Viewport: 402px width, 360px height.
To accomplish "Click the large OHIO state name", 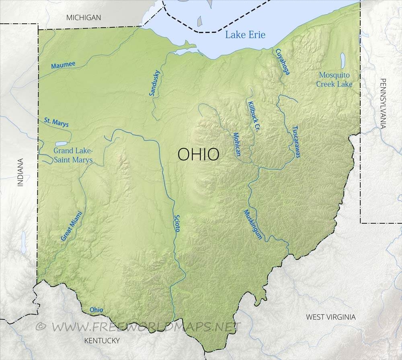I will coord(199,154).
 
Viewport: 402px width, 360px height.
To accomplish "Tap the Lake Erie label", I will coord(245,35).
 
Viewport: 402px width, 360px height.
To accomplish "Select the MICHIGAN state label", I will coord(84,17).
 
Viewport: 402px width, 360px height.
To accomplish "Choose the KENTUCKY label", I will coord(102,341).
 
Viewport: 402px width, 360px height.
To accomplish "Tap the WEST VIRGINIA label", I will coord(330,317).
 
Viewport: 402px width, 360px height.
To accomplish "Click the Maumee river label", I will coord(63,65).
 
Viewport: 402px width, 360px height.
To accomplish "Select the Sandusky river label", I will coord(154,83).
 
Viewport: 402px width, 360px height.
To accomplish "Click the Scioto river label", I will coord(177,222).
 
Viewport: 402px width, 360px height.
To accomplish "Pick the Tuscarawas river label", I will coord(296,142).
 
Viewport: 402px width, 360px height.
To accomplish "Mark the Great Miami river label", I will coord(71,226).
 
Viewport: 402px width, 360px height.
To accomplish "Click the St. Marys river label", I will coord(56,122).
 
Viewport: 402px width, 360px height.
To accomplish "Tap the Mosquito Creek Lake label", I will coord(334,80).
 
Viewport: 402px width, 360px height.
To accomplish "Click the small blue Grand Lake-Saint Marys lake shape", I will coord(62,143).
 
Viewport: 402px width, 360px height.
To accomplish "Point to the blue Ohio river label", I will coord(96,310).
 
